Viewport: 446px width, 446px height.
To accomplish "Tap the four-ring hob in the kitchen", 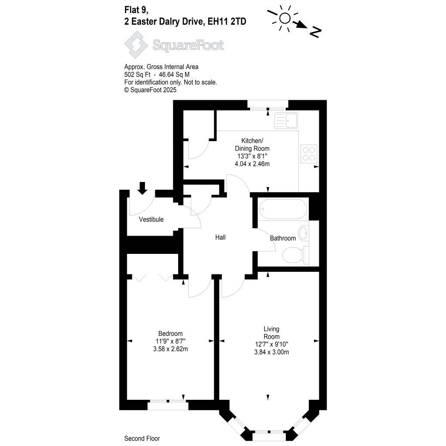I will pyautogui.click(x=308, y=153).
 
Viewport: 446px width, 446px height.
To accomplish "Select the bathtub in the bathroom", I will pyautogui.click(x=284, y=209).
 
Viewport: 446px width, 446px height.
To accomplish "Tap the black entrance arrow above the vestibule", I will pyautogui.click(x=142, y=188).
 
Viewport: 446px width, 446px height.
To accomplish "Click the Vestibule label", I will pyautogui.click(x=151, y=220).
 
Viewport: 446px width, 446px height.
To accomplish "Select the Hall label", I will pyautogui.click(x=220, y=237).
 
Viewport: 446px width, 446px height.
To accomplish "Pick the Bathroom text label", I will pyautogui.click(x=283, y=238).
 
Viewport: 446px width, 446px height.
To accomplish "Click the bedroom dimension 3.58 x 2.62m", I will pyautogui.click(x=170, y=349).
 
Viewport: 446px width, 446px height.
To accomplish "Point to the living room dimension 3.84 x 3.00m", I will pyautogui.click(x=271, y=352).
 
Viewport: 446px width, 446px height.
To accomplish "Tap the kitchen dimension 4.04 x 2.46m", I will pyautogui.click(x=252, y=164).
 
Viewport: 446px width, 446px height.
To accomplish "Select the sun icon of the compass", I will pyautogui.click(x=285, y=18).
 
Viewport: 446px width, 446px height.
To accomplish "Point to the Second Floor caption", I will pyautogui.click(x=142, y=439).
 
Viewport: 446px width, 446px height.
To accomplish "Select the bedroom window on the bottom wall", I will pyautogui.click(x=168, y=405).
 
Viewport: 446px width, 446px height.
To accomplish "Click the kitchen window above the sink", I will pyautogui.click(x=267, y=105).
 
